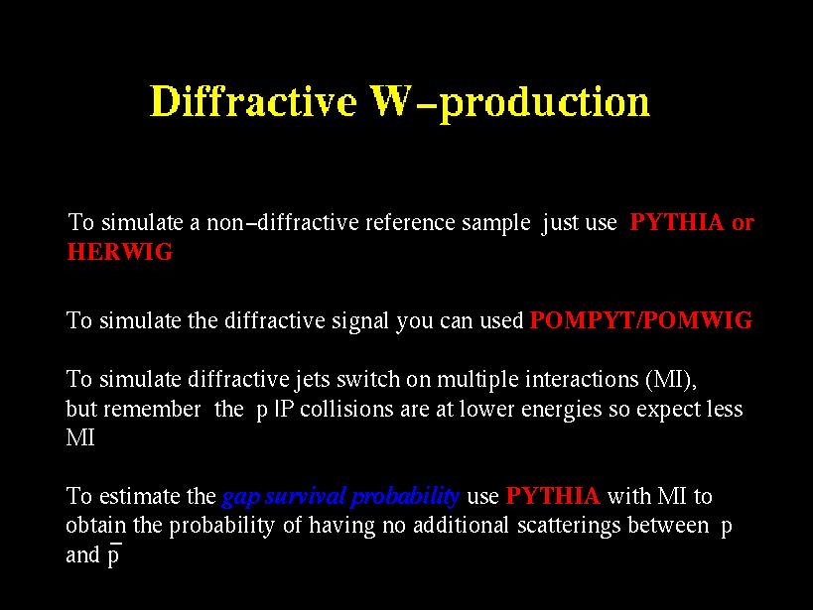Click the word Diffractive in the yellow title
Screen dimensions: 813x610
tap(253, 100)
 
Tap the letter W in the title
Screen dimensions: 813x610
tap(392, 100)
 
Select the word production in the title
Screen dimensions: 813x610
tap(544, 104)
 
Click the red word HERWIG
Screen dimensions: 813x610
tap(120, 252)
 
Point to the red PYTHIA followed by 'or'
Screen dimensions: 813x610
tap(677, 222)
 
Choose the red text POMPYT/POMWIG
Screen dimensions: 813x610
tap(641, 320)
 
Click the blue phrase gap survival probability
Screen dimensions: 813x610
tap(340, 497)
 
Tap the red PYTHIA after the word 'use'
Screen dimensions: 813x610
tap(553, 496)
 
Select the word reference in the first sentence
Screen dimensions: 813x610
tap(410, 222)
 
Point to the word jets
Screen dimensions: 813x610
tap(313, 380)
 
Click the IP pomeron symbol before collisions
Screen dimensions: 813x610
tap(284, 409)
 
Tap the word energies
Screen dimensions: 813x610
tap(561, 410)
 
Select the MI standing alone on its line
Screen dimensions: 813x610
tap(80, 438)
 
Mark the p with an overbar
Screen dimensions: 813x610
tap(114, 555)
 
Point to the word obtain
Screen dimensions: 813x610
tap(96, 526)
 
